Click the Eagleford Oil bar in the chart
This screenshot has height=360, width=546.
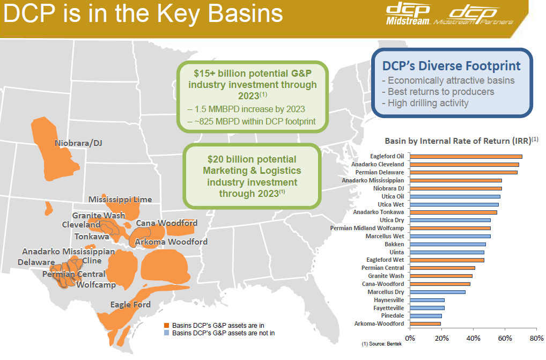(466, 157)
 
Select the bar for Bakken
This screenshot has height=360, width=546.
(448, 244)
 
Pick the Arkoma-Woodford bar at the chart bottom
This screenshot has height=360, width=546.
(425, 324)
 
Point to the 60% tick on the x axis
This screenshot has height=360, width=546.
(505, 339)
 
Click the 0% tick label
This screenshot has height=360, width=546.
(410, 339)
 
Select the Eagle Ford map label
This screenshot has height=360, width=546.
(130, 304)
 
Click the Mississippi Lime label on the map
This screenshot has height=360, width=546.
(120, 200)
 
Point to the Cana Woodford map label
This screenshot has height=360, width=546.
(166, 223)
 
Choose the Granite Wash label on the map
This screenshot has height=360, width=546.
(99, 215)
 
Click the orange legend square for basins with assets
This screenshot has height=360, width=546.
(166, 326)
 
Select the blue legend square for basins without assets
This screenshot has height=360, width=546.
(166, 333)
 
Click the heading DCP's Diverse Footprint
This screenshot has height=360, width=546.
(451, 66)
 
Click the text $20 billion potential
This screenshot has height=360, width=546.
(252, 159)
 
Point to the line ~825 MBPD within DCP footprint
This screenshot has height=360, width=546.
(252, 121)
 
